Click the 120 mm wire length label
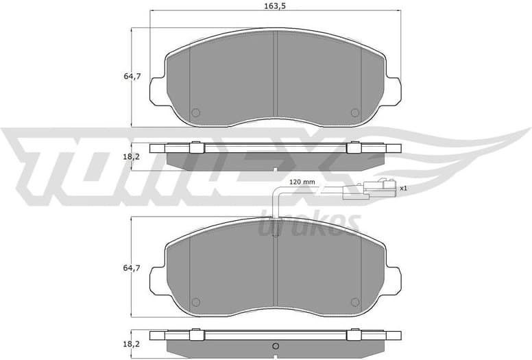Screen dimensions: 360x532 click(301, 182)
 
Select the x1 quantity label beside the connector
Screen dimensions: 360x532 click(404, 187)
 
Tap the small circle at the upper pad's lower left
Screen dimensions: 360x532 click(195, 112)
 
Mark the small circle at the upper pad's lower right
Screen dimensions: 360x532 click(354, 112)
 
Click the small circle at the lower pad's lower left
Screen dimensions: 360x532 click(195, 302)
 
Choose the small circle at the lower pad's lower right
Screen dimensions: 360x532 click(354, 302)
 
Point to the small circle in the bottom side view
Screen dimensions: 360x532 click(275, 346)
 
